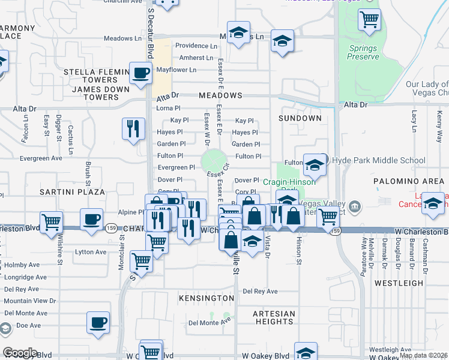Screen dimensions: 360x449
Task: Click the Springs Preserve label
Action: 363,52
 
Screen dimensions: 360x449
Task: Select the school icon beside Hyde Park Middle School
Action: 315,164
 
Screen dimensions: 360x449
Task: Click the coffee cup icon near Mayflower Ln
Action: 140,74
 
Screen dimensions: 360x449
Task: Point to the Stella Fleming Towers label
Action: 91,76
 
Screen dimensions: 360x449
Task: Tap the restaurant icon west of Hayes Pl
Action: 133,128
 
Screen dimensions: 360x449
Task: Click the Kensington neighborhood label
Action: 206,298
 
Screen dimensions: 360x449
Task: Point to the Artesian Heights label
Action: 274,317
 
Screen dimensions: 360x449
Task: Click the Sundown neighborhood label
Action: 300,118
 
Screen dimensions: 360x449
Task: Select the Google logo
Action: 20,352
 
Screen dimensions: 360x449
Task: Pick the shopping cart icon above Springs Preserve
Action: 369,20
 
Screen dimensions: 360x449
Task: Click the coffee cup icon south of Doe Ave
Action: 98,322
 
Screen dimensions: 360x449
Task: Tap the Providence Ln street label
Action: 196,46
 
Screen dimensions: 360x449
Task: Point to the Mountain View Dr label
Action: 30,301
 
